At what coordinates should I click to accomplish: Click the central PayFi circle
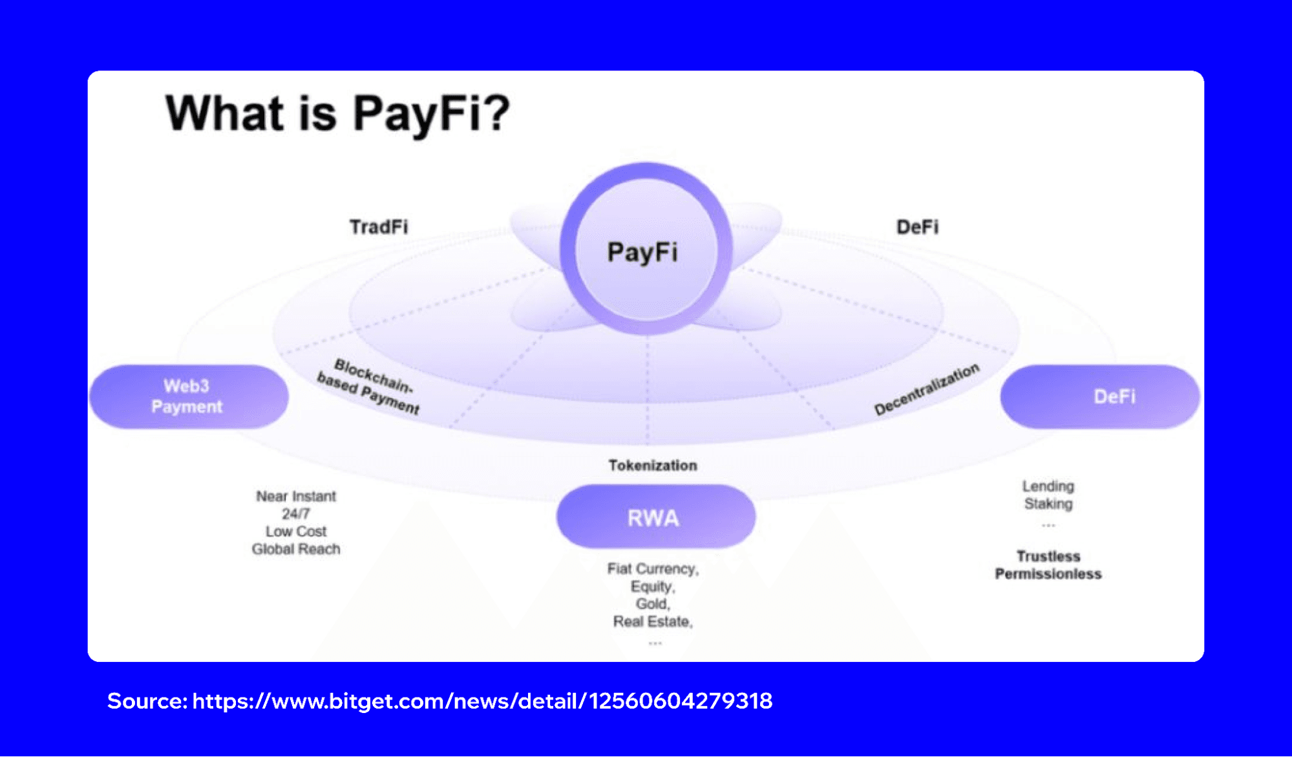click(x=644, y=251)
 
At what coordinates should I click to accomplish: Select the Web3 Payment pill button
click(x=188, y=396)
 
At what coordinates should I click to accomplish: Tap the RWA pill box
click(x=655, y=517)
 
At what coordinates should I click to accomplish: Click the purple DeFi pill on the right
click(x=1100, y=396)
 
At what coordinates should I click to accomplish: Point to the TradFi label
click(x=379, y=227)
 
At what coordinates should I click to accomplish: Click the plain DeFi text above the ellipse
click(x=917, y=227)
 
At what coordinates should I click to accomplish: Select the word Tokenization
click(x=653, y=465)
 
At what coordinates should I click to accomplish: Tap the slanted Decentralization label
click(x=927, y=389)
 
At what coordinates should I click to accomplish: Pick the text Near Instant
click(x=296, y=496)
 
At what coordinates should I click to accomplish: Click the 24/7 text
click(x=296, y=514)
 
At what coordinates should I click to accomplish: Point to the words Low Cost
click(x=296, y=531)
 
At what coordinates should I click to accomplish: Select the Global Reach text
click(x=296, y=549)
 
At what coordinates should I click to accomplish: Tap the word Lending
click(x=1048, y=486)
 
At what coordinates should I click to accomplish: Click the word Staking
click(x=1048, y=504)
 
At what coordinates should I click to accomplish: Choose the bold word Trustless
click(x=1048, y=556)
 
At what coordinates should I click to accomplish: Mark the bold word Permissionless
click(x=1048, y=574)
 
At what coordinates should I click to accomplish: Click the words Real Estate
click(x=652, y=621)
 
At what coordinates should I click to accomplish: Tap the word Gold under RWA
click(x=652, y=604)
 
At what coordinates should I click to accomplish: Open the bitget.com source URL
click(x=482, y=701)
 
